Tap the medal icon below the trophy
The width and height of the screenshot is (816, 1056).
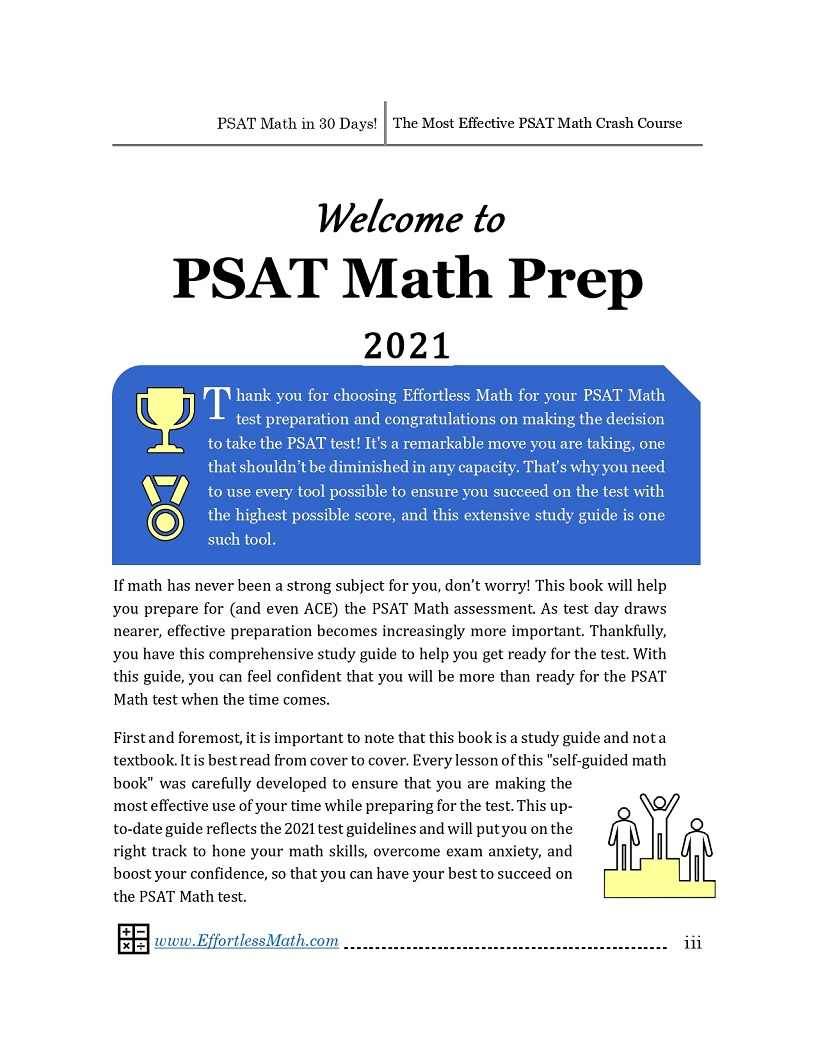click(x=161, y=506)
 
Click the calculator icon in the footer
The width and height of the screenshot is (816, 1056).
click(x=133, y=940)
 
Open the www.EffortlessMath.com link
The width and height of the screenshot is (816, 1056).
click(x=246, y=941)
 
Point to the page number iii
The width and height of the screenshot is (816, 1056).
click(x=692, y=942)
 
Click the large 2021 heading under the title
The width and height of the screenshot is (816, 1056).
click(x=407, y=345)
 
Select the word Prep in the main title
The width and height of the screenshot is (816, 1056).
click(x=573, y=279)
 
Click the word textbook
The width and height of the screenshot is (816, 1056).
click(x=143, y=760)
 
